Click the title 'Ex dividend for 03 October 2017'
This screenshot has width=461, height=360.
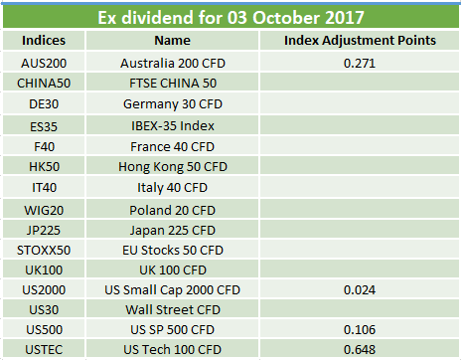230,17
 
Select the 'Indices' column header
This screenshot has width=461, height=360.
44,41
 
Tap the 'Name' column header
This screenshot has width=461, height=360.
173,41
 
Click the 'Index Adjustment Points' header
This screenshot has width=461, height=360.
360,41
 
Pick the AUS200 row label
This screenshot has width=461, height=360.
44,63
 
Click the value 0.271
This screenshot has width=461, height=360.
360,63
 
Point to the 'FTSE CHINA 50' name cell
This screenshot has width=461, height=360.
173,84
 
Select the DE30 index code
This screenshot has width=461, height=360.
44,104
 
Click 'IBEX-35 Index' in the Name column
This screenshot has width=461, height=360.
173,126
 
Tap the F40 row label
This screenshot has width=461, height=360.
44,146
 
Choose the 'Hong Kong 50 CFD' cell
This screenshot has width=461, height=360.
173,167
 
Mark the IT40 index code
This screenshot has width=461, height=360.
44,188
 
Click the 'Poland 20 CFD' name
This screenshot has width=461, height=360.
173,210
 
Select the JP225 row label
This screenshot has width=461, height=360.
44,230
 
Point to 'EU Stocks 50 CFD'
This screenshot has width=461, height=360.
173,251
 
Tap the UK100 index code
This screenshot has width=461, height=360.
44,270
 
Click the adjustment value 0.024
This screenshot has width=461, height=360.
360,290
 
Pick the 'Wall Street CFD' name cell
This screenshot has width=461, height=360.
173,310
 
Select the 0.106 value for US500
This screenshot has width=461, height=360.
360,330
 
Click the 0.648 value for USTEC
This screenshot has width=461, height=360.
360,350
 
